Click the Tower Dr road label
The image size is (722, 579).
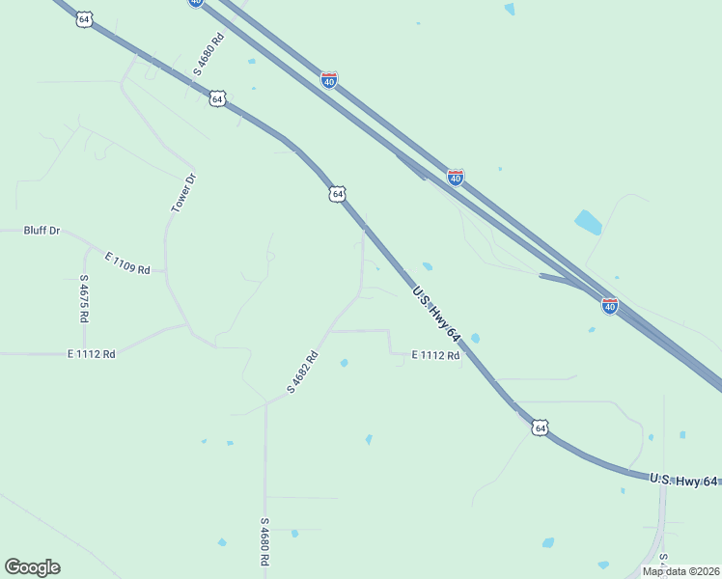coord(183,193)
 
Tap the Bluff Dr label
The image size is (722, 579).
coord(42,231)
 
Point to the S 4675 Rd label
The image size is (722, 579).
coord(84,298)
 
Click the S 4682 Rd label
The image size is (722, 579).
coord(302,372)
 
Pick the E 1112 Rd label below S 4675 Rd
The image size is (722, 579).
coord(92,354)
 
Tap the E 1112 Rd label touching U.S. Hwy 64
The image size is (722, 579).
coord(435,355)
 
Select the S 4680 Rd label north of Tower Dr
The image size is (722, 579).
coord(208,54)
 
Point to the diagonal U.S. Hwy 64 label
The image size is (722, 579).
coord(436,315)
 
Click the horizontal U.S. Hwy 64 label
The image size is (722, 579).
coord(683,480)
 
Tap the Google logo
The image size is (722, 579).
coord(33,567)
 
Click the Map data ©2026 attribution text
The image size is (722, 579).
coord(680,571)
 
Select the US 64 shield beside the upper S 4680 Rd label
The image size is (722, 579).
coord(217,98)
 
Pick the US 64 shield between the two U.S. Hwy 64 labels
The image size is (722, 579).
coord(540,427)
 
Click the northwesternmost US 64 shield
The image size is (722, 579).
coord(84,19)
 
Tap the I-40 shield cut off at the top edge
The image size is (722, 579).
coord(196,3)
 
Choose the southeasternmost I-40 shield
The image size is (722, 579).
coord(610,305)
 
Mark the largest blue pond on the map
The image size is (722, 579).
coord(588,222)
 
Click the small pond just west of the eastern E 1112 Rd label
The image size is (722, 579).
coord(344,363)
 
